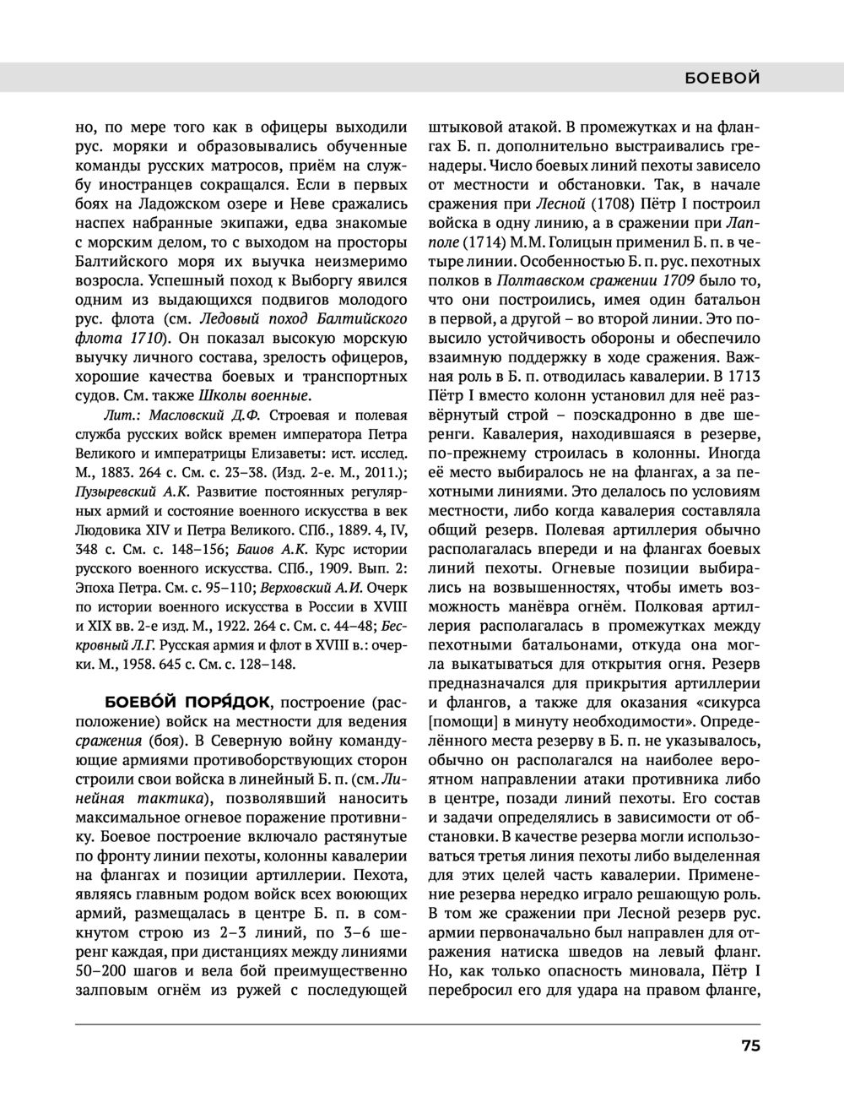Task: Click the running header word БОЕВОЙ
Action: click(x=722, y=78)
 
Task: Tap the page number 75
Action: click(x=751, y=1046)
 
